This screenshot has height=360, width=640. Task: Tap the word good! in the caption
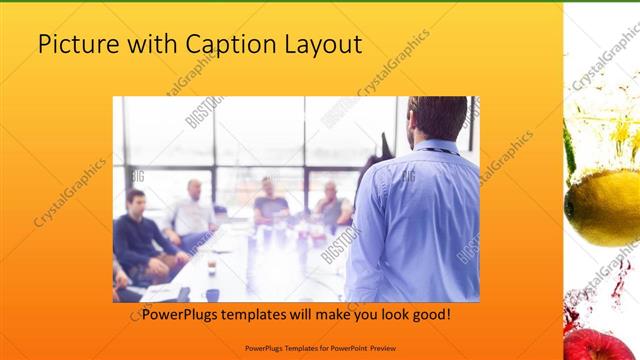pos(429,314)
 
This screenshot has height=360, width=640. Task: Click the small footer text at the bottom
pos(319,346)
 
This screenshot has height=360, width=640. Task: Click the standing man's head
pos(438,117)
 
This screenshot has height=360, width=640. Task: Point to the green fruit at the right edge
pos(569,150)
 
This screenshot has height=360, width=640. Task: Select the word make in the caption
pos(333,314)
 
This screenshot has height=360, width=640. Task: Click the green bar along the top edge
pos(320,2)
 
